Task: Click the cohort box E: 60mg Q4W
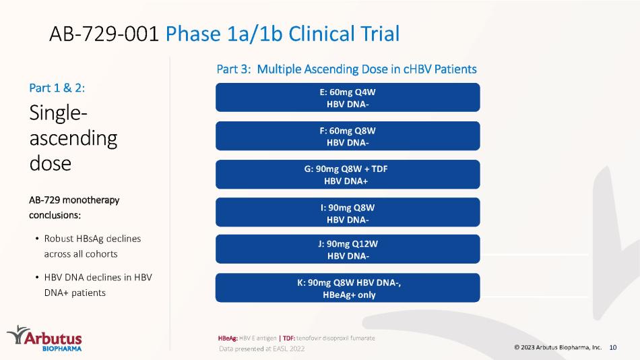348,97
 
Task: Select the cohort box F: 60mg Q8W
348,136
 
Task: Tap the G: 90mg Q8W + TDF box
348,175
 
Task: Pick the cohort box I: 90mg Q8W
348,212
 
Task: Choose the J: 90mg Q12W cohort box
348,249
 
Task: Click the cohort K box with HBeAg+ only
348,288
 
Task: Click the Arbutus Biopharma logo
44,338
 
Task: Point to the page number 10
612,347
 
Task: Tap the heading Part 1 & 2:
57,88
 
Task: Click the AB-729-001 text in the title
104,34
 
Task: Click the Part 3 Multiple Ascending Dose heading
346,69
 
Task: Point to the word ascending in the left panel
73,139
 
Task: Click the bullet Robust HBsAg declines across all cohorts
88,246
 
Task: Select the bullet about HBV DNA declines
94,284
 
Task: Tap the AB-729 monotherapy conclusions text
74,208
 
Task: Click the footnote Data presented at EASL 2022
261,349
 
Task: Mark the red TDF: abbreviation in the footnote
289,338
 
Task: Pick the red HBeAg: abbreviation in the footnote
228,338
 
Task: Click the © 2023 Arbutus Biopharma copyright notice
558,347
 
